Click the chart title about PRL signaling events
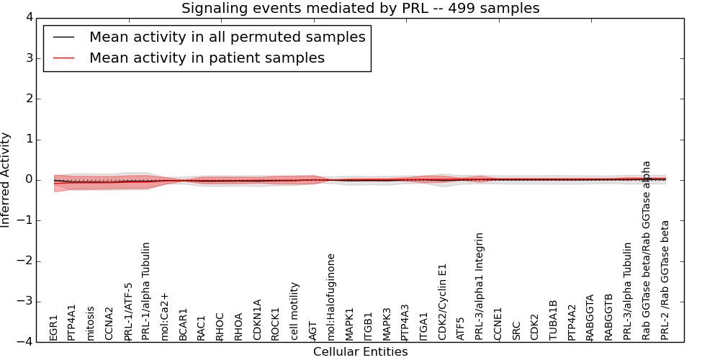coord(360,8)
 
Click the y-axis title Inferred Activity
coord(6,179)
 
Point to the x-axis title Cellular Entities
coord(360,351)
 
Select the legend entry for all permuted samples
coord(227,37)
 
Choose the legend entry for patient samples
coord(207,58)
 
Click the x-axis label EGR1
coord(53,327)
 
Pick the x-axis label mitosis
coord(91,323)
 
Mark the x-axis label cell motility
coord(294,311)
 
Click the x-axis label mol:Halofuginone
coord(331,297)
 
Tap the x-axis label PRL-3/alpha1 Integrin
coord(480,286)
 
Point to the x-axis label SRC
coord(516,330)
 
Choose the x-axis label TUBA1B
coord(553,320)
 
